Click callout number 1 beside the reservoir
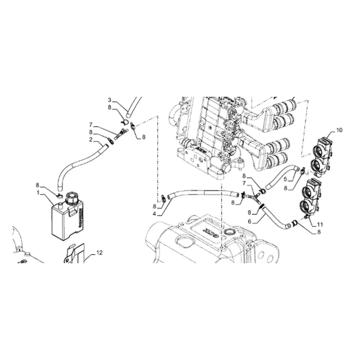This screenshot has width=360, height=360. click(38, 193)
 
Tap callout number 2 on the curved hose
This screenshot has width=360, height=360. click(91, 139)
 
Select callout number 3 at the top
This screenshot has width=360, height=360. click(109, 100)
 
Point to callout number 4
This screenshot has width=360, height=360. click(154, 214)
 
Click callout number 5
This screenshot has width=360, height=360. click(285, 179)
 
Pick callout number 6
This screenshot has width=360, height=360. click(250, 221)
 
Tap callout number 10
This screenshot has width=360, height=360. click(339, 130)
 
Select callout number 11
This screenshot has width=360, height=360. click(320, 224)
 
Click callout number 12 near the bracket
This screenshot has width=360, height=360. click(99, 253)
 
